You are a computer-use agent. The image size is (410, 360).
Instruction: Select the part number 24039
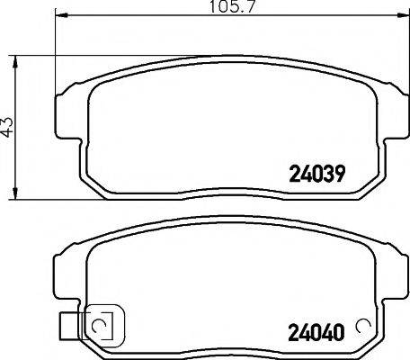tap(317, 172)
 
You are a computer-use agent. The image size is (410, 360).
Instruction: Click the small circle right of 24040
tap(364, 327)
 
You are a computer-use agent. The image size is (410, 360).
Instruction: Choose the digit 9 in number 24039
tap(341, 172)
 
